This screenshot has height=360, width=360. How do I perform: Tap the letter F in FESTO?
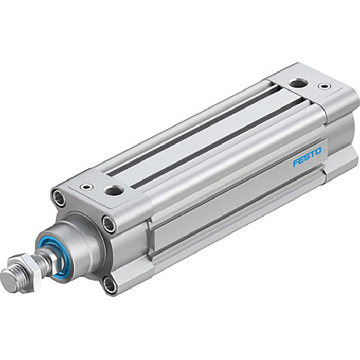296,164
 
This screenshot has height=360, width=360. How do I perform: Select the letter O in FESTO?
318,151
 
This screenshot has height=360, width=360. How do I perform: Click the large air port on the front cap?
112,191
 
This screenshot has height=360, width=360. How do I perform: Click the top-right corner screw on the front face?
109,223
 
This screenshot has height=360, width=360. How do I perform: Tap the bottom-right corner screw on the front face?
110,284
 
